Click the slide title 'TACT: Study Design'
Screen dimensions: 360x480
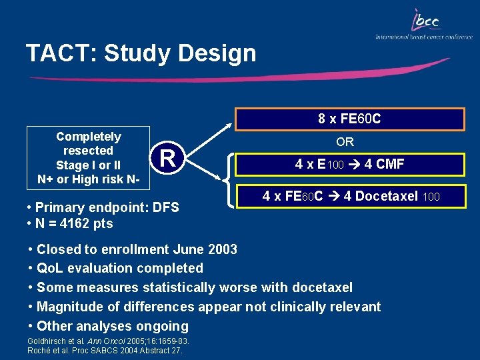[141, 53]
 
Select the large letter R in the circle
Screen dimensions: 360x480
[169, 158]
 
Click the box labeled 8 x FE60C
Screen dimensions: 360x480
[349, 119]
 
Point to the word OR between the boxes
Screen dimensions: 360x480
[345, 142]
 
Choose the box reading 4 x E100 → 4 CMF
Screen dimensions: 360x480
[349, 164]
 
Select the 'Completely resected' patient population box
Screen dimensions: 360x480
[88, 158]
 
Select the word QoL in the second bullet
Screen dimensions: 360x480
[51, 268]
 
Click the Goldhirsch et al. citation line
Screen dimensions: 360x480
[108, 341]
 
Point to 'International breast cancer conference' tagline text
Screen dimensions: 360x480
[423, 37]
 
